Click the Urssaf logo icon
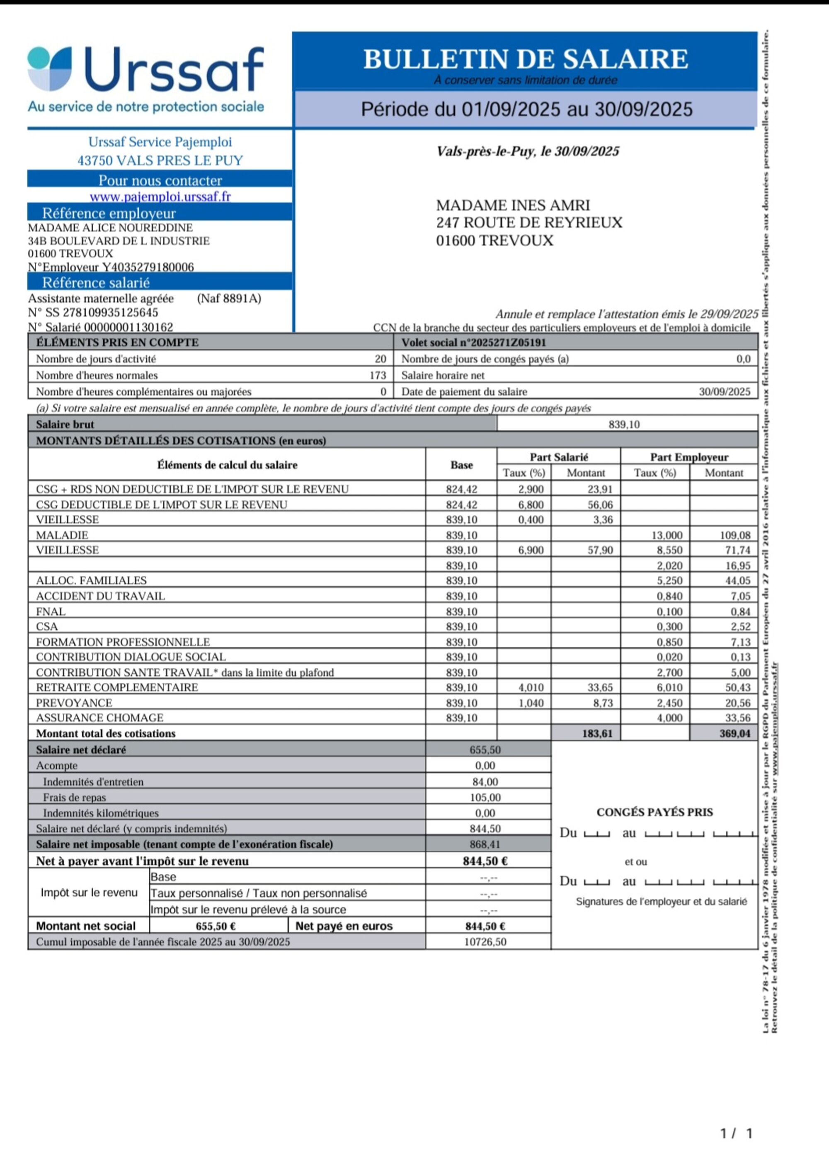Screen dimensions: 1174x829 tap(50, 68)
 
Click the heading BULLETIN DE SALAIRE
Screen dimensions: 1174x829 tap(525, 59)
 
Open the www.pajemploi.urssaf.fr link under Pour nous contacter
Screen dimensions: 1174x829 tap(160, 196)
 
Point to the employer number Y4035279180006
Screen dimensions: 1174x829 tap(148, 267)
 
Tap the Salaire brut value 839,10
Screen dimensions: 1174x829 tap(624, 424)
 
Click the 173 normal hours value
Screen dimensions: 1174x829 tap(378, 375)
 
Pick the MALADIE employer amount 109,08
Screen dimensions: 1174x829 tap(734, 535)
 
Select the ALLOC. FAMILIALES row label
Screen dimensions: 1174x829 tap(91, 580)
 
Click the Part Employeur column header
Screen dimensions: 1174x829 tap(689, 456)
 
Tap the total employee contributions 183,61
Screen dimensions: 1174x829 tap(597, 733)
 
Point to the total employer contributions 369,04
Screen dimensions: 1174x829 tap(734, 733)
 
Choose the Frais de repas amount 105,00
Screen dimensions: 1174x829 tap(485, 797)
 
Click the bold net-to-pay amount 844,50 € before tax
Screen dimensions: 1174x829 tap(485, 861)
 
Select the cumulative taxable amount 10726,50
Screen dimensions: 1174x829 tap(485, 942)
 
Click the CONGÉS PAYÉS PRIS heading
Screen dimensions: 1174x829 tap(654, 812)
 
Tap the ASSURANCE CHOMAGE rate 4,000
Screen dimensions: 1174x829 tap(669, 718)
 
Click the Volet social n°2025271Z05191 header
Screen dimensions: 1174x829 tap(474, 342)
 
